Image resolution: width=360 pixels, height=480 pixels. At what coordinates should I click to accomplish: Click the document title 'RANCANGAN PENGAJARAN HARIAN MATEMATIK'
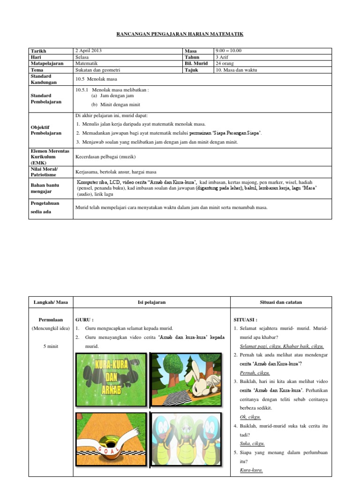[180, 34]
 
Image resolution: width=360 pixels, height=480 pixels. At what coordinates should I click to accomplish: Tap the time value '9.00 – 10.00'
[228, 51]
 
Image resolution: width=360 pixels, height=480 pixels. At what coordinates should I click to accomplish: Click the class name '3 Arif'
[222, 57]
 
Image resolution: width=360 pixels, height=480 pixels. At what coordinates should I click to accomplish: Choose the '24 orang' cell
[225, 63]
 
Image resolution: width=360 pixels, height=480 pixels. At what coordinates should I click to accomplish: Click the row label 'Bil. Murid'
[196, 63]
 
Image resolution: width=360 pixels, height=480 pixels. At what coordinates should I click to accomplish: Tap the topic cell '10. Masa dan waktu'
[236, 70]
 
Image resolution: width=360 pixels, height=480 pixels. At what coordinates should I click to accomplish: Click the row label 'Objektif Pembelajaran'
[46, 130]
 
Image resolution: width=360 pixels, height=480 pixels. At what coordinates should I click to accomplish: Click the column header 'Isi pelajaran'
[151, 302]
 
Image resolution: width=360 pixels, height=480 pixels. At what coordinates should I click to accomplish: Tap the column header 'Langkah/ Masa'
[50, 302]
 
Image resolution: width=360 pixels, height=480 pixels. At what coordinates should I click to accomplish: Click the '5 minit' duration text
[50, 346]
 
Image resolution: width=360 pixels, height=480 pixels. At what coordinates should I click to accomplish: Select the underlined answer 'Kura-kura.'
[251, 470]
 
